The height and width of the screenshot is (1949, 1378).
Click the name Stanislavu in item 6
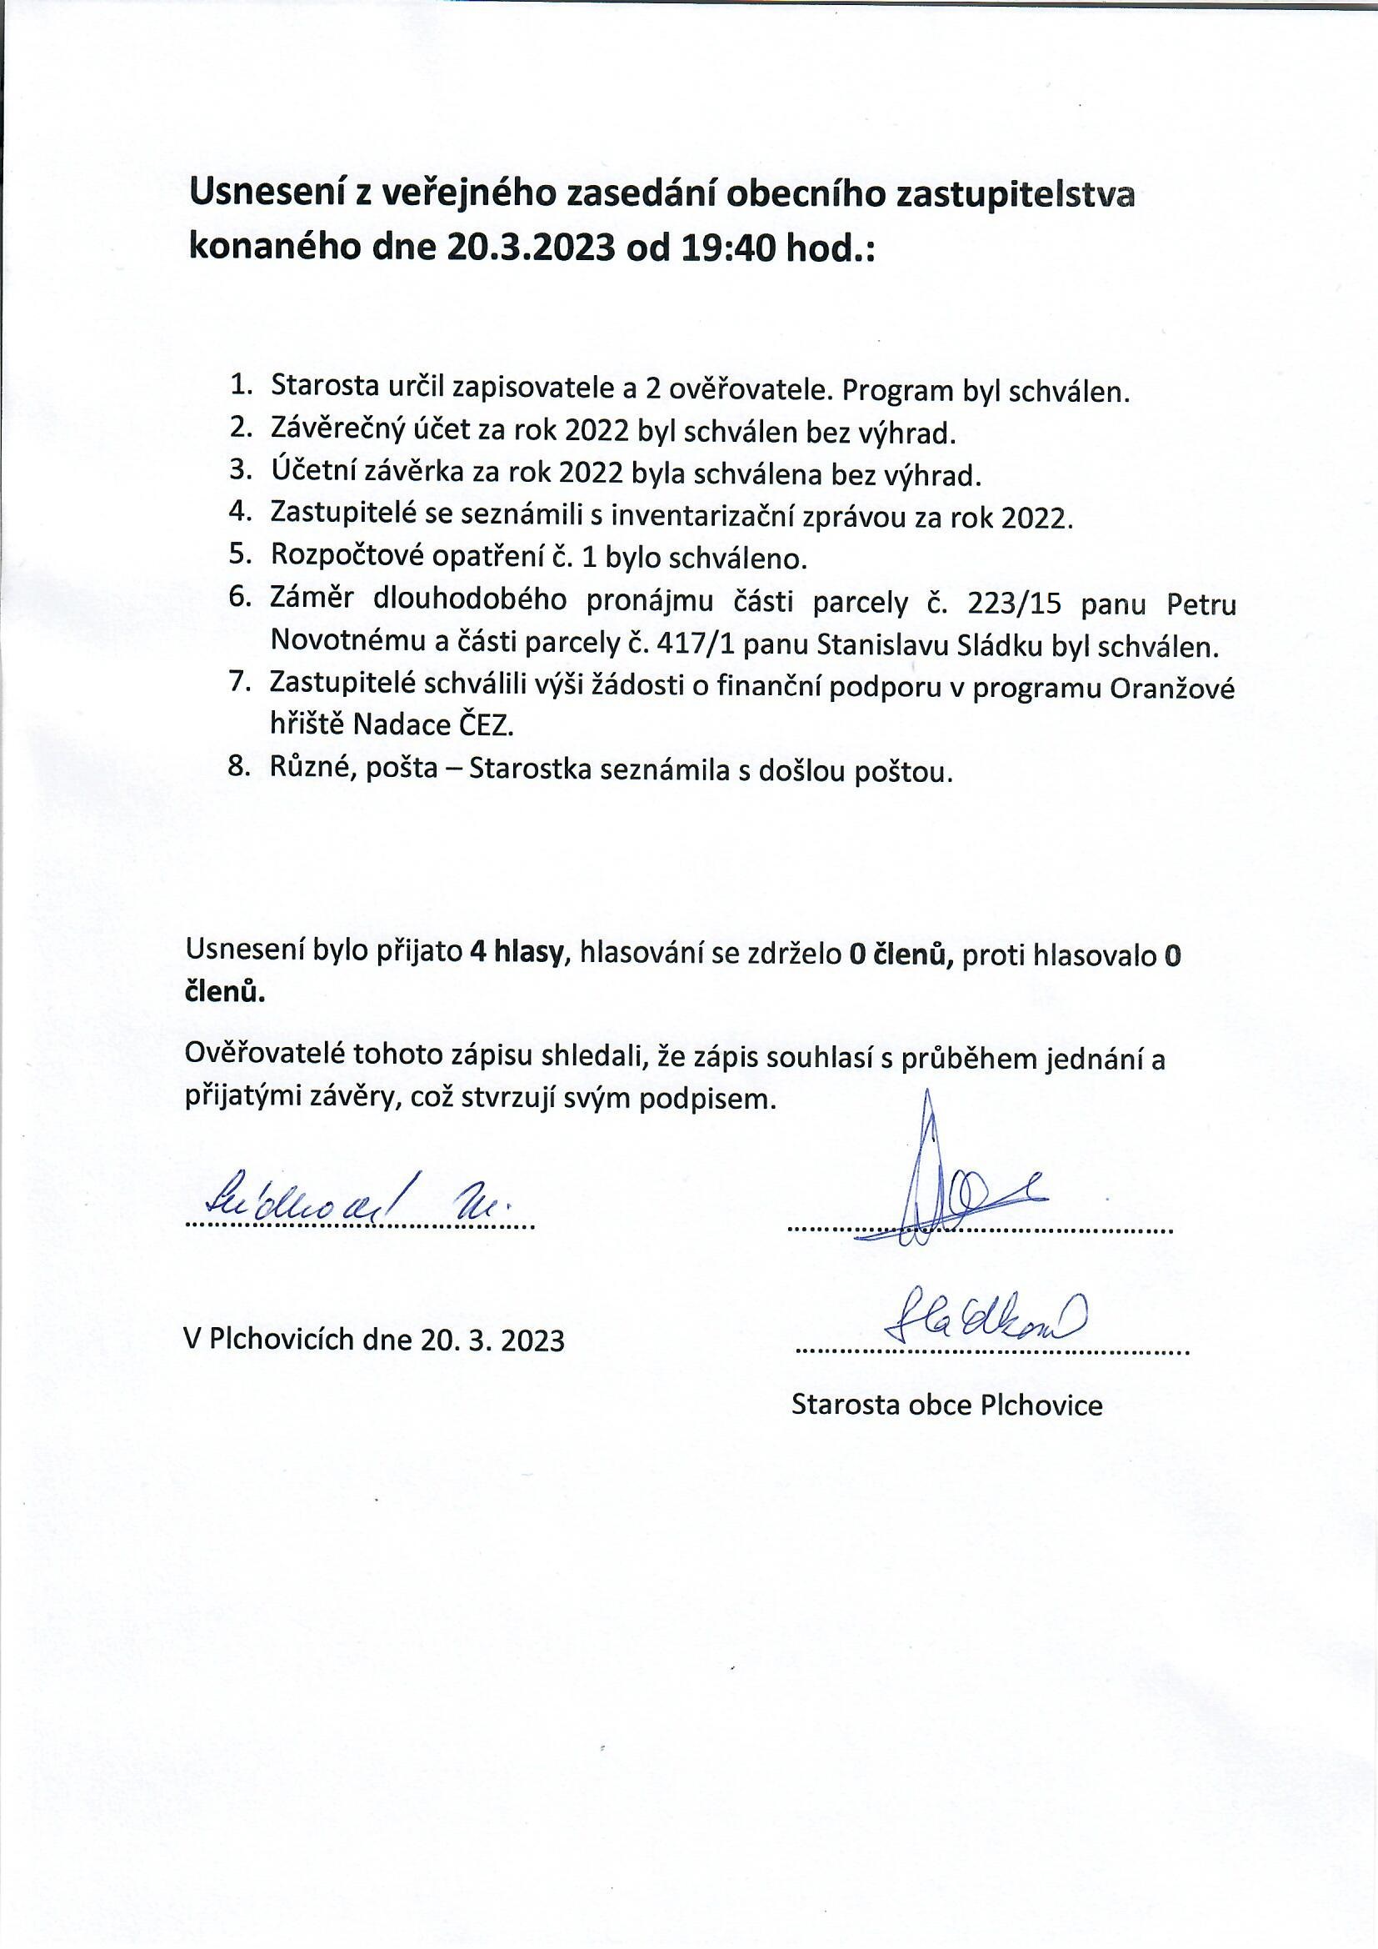[x=882, y=647]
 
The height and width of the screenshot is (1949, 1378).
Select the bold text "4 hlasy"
[x=517, y=954]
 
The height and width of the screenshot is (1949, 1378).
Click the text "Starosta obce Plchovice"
[x=946, y=1405]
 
